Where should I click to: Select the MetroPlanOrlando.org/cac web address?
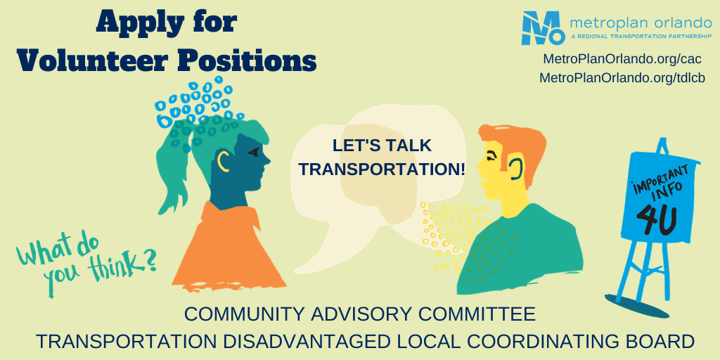[622, 59]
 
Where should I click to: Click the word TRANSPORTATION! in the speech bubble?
[382, 169]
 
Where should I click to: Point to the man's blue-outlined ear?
[515, 168]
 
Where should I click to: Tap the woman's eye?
[252, 152]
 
